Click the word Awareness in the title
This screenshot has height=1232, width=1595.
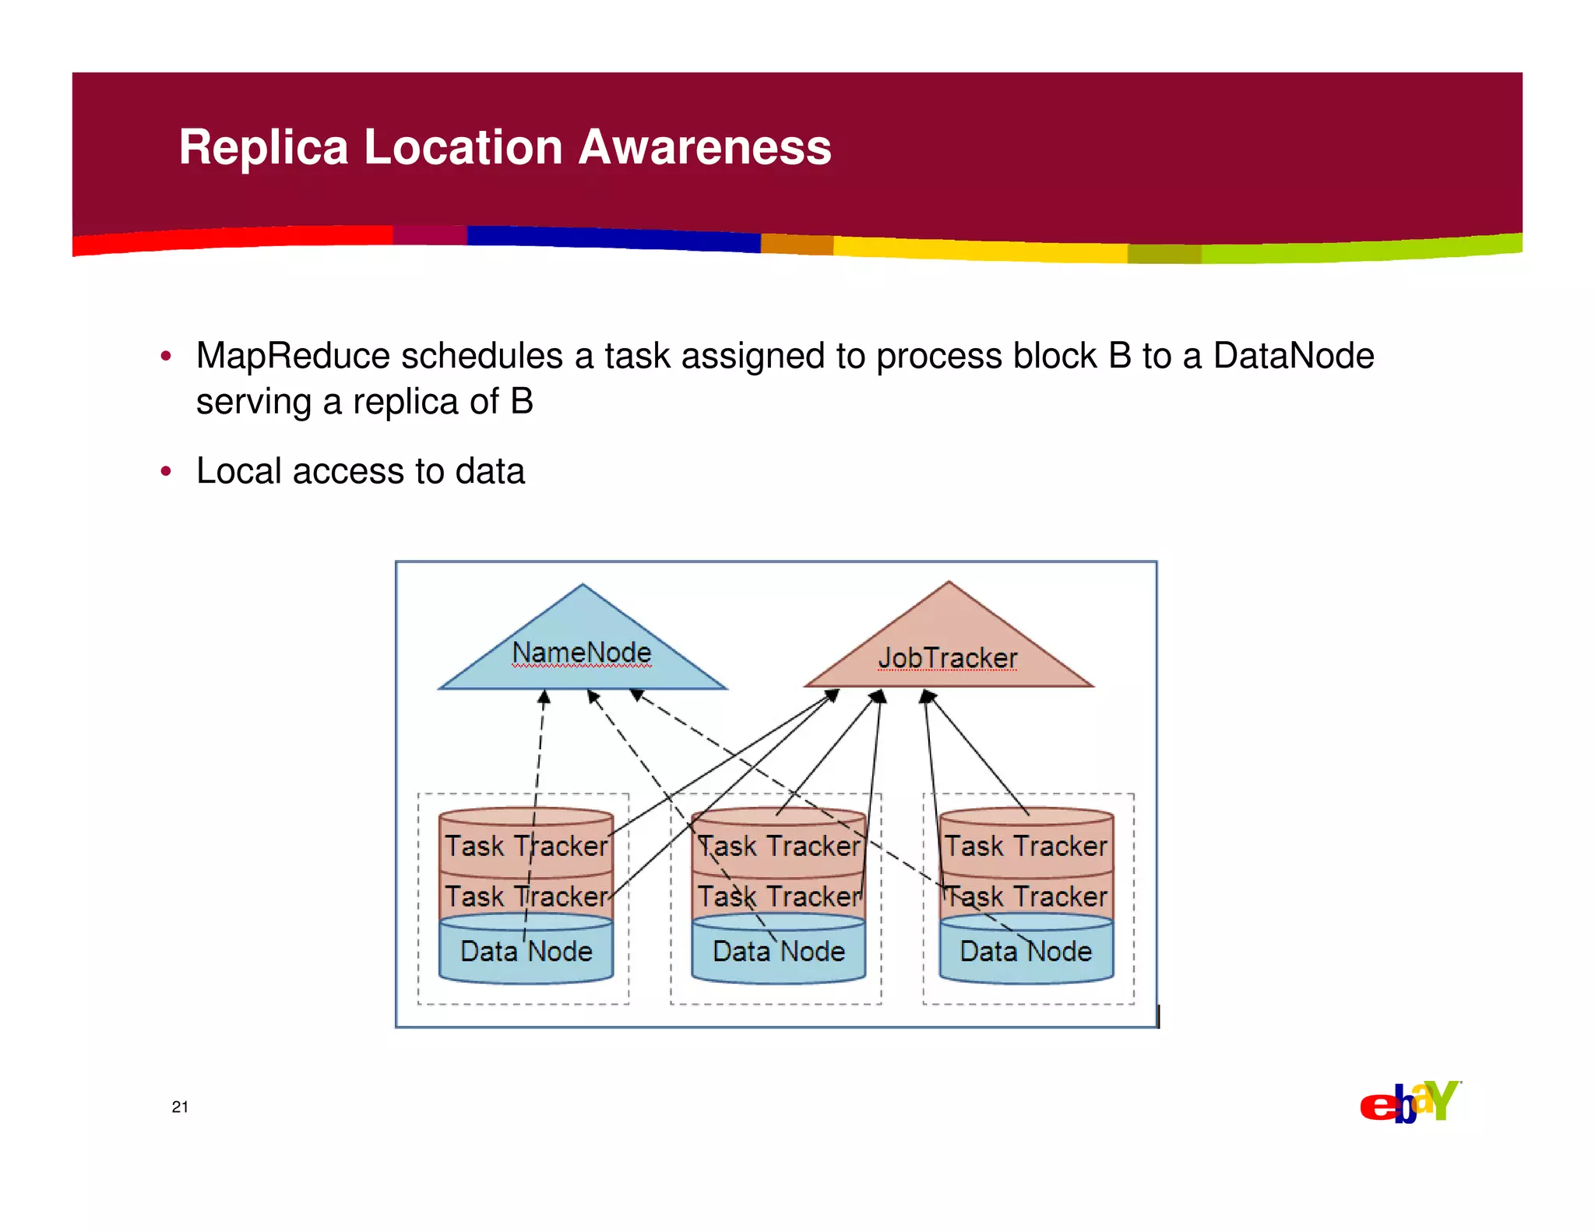click(705, 147)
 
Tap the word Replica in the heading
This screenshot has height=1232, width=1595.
click(263, 147)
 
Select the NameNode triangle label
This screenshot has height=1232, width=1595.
click(581, 653)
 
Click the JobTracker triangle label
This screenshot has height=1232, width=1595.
click(947, 659)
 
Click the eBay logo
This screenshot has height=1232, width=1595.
click(1410, 1102)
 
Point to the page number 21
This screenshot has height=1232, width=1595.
click(180, 1107)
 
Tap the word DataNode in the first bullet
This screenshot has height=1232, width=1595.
click(1293, 357)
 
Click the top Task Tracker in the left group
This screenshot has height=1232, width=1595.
click(526, 846)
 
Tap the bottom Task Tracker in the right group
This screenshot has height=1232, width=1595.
click(1026, 896)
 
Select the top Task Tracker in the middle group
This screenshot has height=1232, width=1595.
click(778, 846)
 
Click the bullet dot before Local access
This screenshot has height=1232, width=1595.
click(165, 472)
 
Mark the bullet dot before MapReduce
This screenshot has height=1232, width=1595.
click(165, 357)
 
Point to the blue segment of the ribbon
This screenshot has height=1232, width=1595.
click(615, 238)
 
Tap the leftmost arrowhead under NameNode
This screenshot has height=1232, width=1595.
click(544, 697)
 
